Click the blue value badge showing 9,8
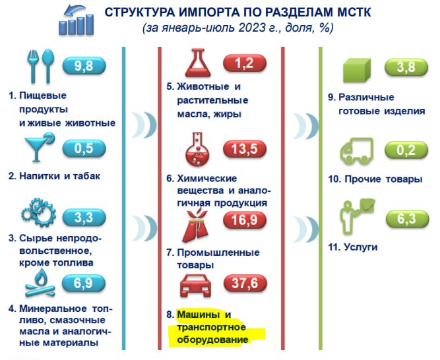84,66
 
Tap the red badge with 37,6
245,283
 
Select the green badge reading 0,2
406,150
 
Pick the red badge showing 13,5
245,148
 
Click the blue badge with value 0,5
84,148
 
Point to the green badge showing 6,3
407,218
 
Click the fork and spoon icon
40,66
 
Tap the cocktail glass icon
39,147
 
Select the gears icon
39,212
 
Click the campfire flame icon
40,283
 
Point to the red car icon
195,285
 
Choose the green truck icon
357,152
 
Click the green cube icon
357,70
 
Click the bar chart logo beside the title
76,20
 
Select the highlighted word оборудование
212,340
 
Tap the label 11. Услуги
353,247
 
